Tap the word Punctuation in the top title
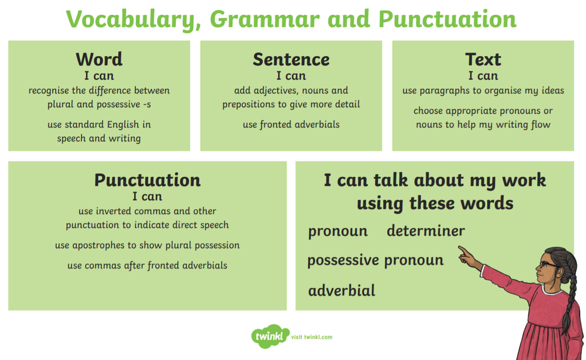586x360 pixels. [x=447, y=19]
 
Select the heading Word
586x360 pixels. [x=99, y=59]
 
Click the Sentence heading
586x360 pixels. [x=291, y=59]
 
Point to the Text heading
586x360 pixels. [x=483, y=59]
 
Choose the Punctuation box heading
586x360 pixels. [x=147, y=180]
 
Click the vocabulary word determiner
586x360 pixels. [x=426, y=231]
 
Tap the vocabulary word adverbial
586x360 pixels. [x=342, y=290]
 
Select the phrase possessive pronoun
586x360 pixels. [x=375, y=261]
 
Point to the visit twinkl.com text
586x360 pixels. [x=312, y=337]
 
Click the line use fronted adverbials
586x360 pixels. [x=291, y=124]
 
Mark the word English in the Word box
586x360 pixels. [x=123, y=125]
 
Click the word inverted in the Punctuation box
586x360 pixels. [x=117, y=211]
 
